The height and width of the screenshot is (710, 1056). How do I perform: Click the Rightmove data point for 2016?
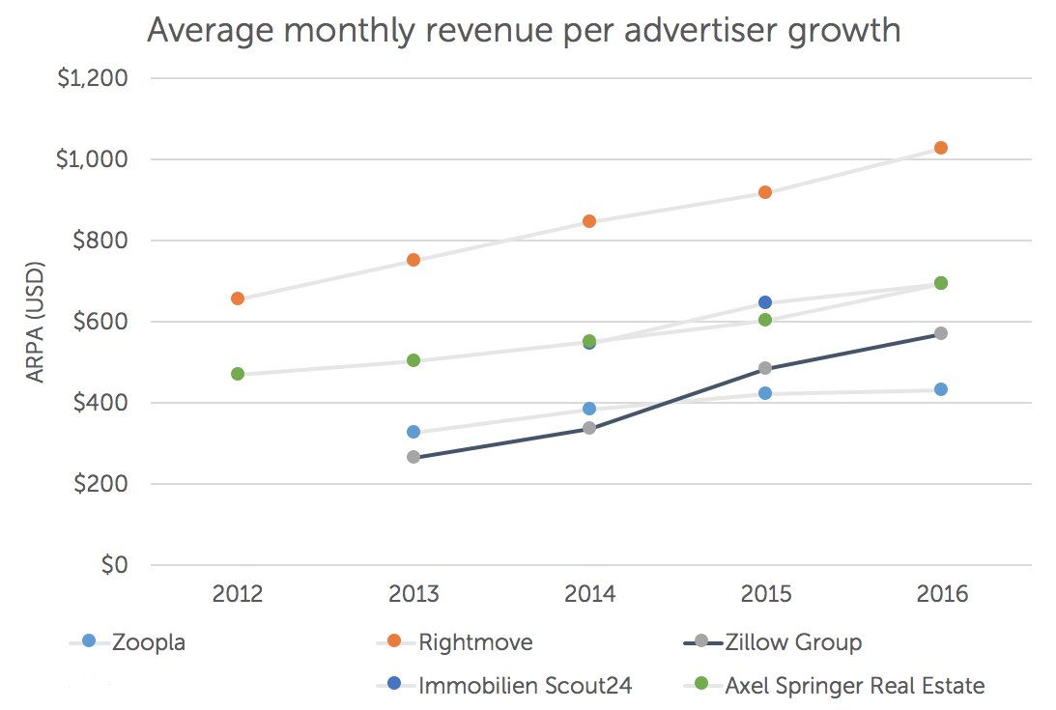click(940, 148)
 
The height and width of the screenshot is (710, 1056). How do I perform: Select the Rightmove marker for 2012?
click(238, 298)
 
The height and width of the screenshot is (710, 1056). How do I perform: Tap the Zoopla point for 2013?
click(414, 432)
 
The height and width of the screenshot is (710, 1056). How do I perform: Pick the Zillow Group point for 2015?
click(765, 368)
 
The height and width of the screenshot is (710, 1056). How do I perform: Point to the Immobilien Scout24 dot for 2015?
click(765, 302)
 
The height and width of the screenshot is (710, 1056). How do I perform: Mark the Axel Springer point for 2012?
click(238, 374)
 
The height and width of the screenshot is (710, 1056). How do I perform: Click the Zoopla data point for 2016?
click(940, 389)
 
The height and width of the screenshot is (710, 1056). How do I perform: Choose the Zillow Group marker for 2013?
click(414, 457)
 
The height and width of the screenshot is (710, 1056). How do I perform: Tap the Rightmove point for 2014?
click(589, 221)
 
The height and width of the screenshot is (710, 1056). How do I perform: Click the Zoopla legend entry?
click(148, 642)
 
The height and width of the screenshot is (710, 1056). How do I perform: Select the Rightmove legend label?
click(475, 642)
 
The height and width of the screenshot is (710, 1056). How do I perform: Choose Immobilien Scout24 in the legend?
click(525, 686)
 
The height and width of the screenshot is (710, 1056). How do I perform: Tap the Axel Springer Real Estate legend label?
click(854, 686)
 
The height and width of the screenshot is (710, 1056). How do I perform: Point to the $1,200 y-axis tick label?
click(93, 78)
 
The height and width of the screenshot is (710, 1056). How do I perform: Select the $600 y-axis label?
click(100, 322)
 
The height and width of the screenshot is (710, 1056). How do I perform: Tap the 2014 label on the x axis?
click(589, 594)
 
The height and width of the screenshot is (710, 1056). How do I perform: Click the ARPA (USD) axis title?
click(36, 322)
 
